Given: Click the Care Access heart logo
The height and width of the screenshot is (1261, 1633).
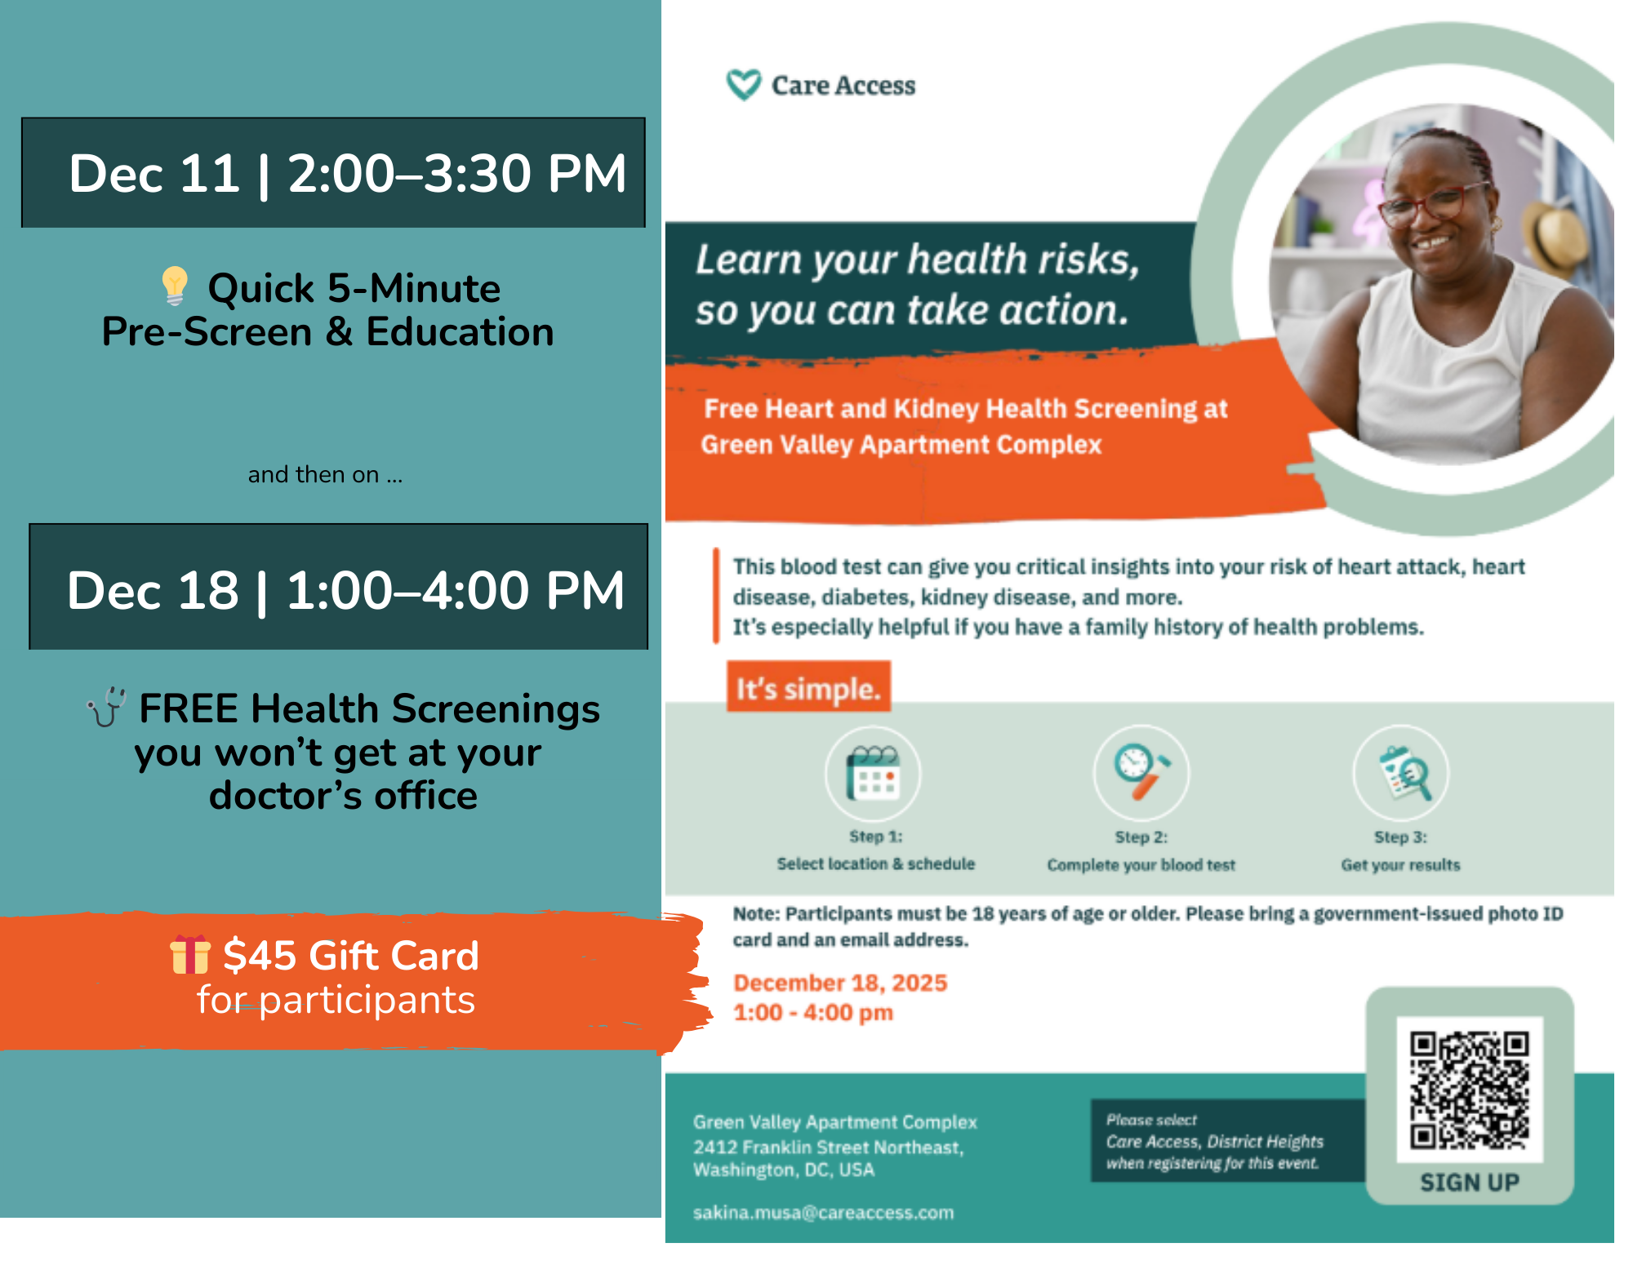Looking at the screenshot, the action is pos(743,84).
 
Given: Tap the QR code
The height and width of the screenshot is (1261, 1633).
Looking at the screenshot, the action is pos(1469,1090).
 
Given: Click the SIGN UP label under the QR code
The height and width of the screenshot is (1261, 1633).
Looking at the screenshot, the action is pos(1469,1182).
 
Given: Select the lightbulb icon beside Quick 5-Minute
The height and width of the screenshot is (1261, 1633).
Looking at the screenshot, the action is pos(175,286).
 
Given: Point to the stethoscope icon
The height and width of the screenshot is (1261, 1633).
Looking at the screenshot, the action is pos(107,707).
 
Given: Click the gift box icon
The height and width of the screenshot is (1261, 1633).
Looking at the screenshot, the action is pos(189,955).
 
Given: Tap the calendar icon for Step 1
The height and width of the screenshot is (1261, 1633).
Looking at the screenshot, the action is pos(873,773).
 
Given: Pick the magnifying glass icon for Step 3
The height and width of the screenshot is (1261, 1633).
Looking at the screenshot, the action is pos(1403,773).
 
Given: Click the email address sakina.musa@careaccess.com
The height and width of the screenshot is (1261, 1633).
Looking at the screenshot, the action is pos(823,1213).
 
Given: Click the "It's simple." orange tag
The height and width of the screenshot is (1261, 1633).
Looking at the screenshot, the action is pos(808,688).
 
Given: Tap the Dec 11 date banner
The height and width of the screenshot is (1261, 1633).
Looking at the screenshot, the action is pos(333,172).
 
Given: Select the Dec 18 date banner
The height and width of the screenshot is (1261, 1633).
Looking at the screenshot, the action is pos(338,587).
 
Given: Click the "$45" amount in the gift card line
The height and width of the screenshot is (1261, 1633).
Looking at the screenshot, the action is pos(259,955).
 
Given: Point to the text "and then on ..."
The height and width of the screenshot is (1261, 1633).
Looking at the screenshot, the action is pos(325,474).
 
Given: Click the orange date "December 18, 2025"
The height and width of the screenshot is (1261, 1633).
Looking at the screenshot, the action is pos(840,983).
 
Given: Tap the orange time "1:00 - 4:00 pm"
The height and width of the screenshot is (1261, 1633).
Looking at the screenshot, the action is pos(813,1013).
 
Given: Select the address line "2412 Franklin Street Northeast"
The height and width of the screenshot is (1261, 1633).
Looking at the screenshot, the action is pos(828,1147).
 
